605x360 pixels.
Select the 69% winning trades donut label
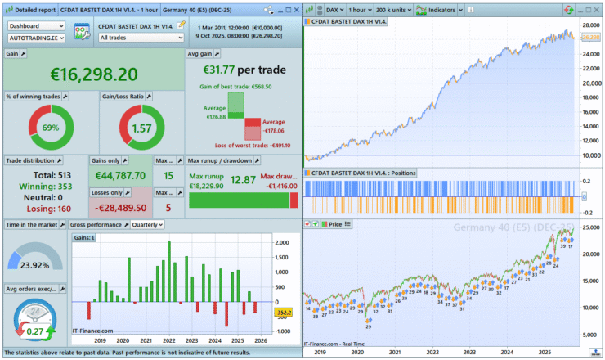(x=51, y=128)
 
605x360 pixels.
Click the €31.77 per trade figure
(x=243, y=70)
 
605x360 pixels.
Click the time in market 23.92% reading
(x=35, y=265)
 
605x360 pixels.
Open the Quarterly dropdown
(x=146, y=224)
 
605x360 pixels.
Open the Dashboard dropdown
(x=37, y=25)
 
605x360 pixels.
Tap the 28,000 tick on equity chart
(x=590, y=25)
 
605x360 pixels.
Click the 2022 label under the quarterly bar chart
(x=169, y=340)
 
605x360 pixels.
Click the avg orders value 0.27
(x=36, y=331)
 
